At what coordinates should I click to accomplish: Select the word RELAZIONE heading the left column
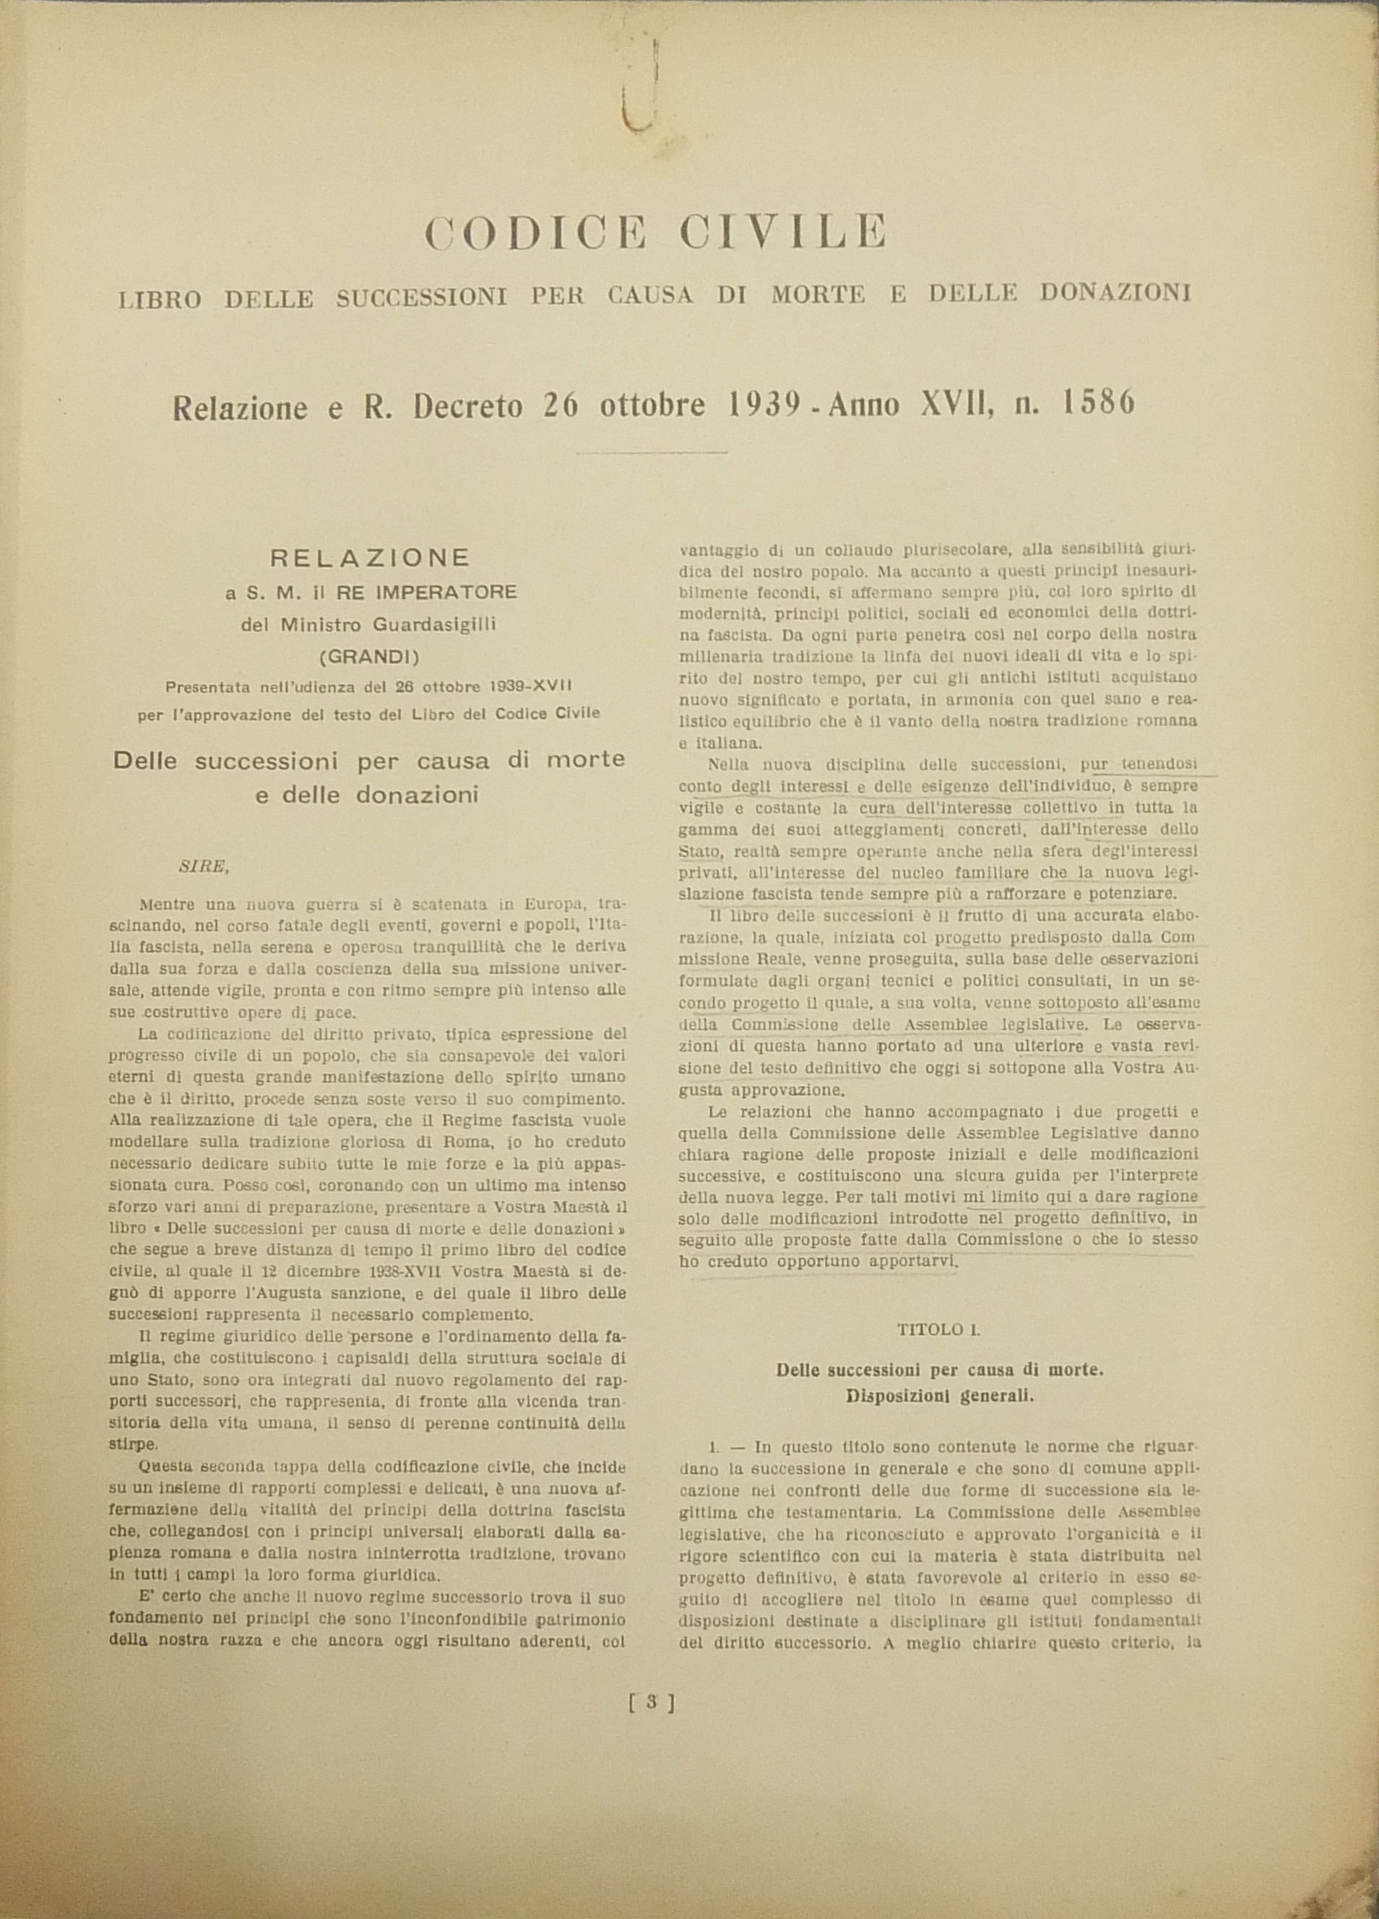369,558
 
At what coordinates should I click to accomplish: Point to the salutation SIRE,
204,866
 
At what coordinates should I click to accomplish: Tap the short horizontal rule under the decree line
652,453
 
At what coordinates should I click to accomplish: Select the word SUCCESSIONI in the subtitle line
421,297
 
